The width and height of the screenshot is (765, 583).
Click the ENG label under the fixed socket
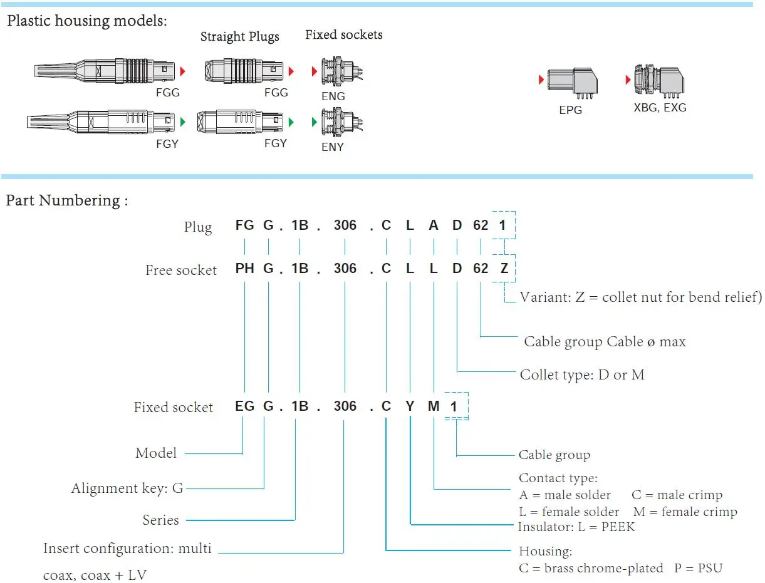coord(333,96)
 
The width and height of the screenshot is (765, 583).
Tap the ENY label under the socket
coord(333,147)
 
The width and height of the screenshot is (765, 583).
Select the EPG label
coord(570,110)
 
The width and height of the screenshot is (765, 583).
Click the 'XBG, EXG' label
coord(660,108)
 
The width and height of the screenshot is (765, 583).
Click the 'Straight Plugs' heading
coord(239,36)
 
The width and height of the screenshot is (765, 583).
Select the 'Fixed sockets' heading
coord(343,34)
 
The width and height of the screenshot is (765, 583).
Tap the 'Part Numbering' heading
coord(66,200)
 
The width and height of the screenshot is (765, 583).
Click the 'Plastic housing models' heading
coord(86,21)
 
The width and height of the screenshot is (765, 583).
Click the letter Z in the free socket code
coord(504,269)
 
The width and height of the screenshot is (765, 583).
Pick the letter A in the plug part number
coord(434,225)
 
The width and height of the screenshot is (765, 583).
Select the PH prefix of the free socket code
coord(244,269)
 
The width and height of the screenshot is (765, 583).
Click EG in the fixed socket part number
coord(244,406)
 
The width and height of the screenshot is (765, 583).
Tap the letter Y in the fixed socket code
coord(410,406)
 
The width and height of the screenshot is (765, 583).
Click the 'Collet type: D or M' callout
coord(581,375)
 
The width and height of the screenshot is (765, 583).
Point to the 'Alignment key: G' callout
coord(127,488)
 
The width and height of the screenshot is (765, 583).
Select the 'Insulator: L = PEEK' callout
coord(576,527)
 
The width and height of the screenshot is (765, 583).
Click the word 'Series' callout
coord(160,520)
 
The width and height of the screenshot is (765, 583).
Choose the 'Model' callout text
coord(156,453)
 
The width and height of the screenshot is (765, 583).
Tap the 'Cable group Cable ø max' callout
coord(605,342)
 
